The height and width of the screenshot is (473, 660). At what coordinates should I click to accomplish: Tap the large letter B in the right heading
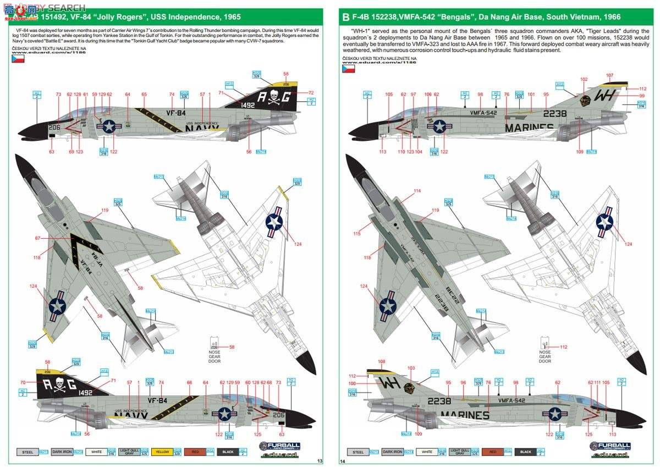pyautogui.click(x=345, y=17)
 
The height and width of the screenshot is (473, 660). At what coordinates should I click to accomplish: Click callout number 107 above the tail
pyautogui.click(x=609, y=75)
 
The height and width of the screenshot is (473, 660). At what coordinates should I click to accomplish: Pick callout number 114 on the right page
pyautogui.click(x=417, y=191)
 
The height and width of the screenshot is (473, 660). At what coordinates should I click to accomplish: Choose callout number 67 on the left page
pyautogui.click(x=38, y=238)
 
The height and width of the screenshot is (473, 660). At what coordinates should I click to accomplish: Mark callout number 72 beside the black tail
pyautogui.click(x=311, y=93)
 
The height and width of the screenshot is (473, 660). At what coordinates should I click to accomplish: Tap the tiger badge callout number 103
pyautogui.click(x=411, y=367)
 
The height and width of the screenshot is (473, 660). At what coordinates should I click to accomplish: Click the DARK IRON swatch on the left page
pyautogui.click(x=62, y=452)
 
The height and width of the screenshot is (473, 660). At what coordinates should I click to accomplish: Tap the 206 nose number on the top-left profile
pyautogui.click(x=53, y=127)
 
